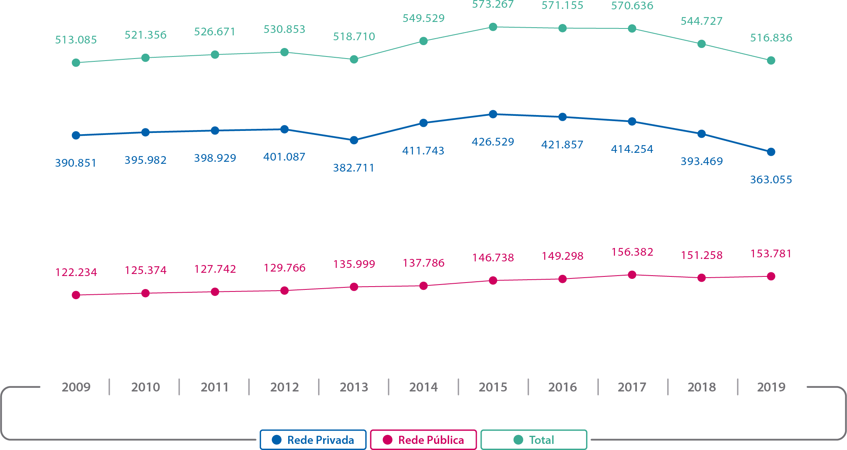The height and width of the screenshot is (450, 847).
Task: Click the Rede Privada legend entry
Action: coord(313,440)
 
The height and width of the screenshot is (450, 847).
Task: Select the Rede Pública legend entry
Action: coord(423,440)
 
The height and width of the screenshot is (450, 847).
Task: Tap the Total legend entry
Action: coord(534,440)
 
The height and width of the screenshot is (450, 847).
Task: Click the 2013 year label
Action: coord(354,387)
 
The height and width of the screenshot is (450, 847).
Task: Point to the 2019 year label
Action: coord(771,387)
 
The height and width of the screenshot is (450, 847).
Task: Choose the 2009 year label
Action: coord(76,387)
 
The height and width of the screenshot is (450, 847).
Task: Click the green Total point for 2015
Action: coord(493,27)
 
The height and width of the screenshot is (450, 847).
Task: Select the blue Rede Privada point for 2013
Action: coord(354,140)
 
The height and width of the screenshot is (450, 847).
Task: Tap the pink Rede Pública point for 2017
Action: coord(632,275)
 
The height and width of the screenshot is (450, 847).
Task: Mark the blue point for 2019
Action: coord(771,152)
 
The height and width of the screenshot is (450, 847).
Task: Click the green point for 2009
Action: coord(76,63)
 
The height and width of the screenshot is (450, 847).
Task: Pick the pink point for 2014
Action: coord(423,286)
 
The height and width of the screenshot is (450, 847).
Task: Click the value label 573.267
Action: coord(493,5)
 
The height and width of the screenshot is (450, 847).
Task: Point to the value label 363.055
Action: coord(771,180)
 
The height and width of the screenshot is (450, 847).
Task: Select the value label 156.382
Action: coord(632,252)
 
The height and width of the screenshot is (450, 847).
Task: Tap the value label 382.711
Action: coord(354,168)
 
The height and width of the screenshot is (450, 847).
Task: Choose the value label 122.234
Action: coord(76,272)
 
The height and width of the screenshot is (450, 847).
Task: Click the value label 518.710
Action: coord(354,37)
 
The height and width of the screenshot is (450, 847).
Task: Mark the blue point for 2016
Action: coord(562,117)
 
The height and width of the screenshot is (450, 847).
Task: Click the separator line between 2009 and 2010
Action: coord(109,387)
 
